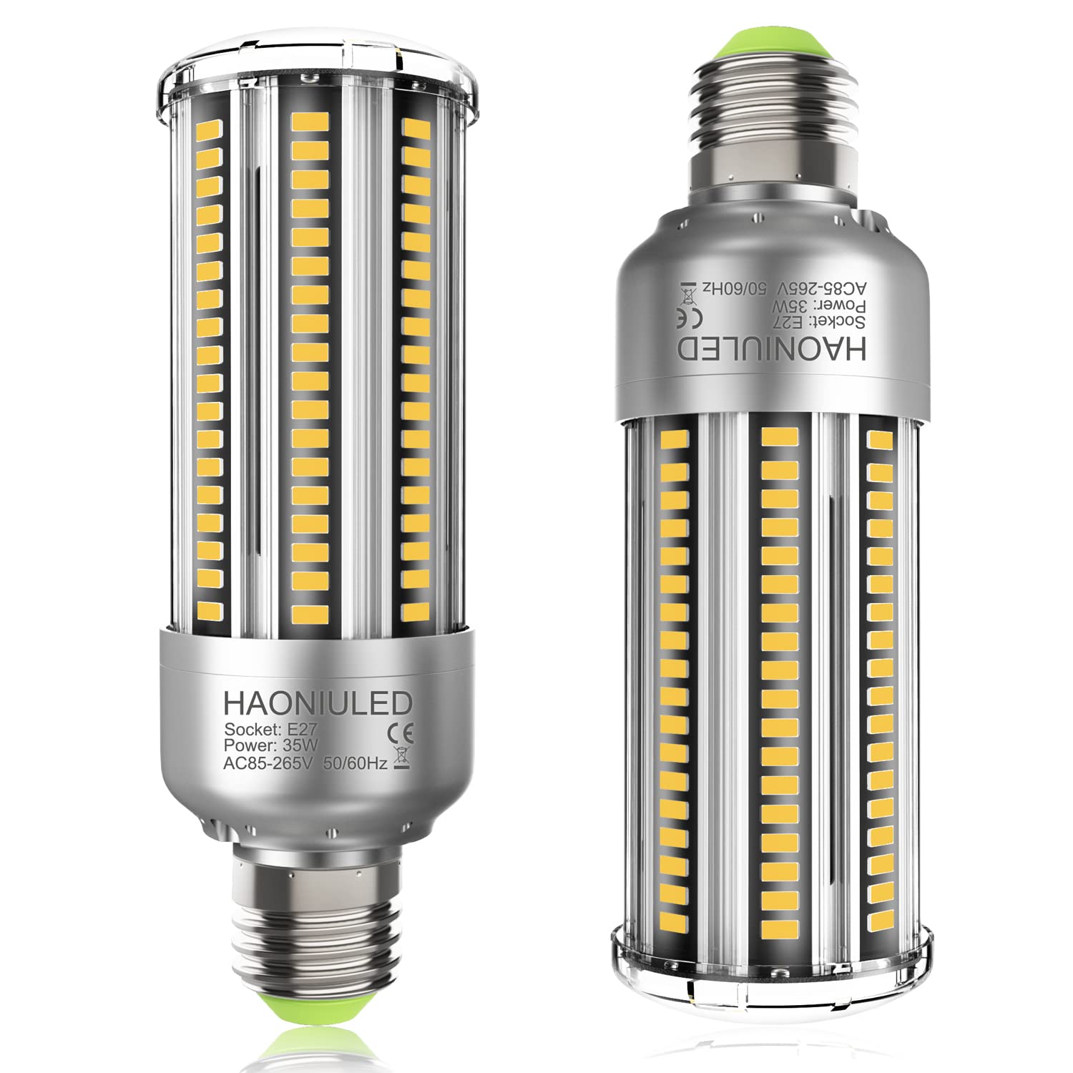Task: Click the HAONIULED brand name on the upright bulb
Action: pos(318,703)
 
